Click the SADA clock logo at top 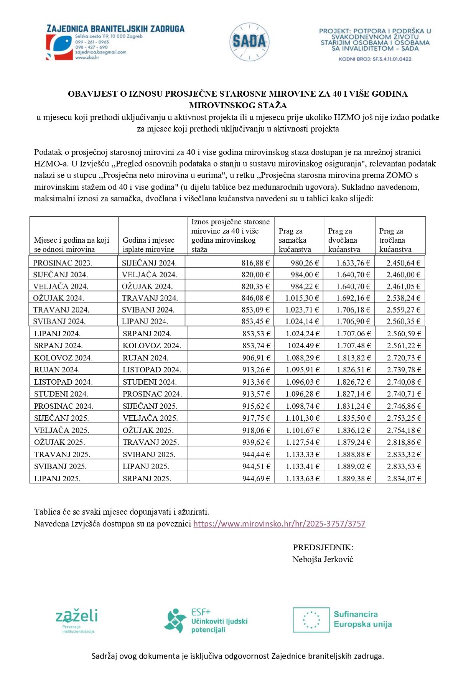tap(249, 42)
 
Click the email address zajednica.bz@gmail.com tap(100, 52)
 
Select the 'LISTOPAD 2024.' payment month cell tap(152, 370)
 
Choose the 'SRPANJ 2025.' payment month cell tap(147, 479)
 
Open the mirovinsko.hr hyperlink tap(279, 524)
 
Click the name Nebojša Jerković tap(323, 559)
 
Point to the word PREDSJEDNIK tap(323, 548)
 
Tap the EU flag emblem tap(311, 620)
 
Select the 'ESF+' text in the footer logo tap(201, 612)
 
